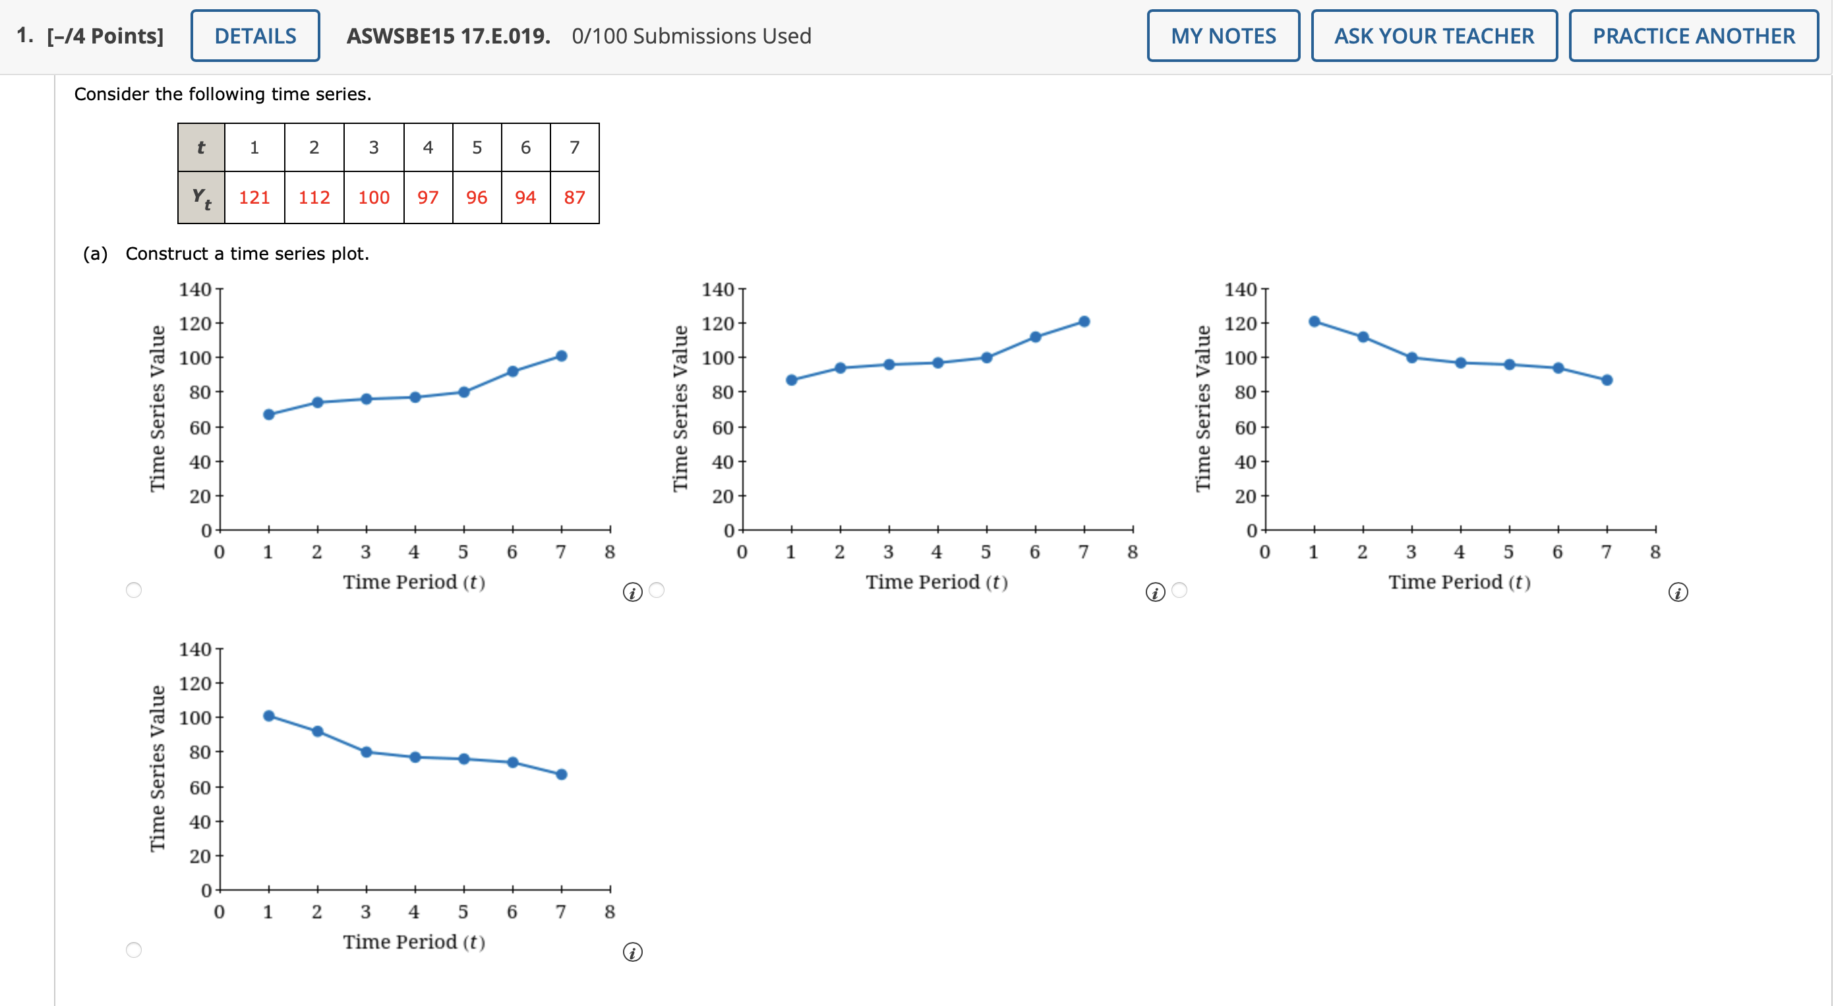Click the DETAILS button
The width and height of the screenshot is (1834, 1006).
255,36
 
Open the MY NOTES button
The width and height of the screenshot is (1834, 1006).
1222,36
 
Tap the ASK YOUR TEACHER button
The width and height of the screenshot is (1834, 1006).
1433,36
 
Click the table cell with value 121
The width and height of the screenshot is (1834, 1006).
254,197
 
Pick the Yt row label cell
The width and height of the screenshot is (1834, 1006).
202,197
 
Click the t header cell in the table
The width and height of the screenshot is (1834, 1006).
202,148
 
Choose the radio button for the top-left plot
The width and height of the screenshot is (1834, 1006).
134,589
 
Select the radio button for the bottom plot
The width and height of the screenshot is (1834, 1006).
134,949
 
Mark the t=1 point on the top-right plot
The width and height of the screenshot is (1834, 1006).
1314,321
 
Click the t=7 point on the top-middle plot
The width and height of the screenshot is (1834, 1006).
1084,321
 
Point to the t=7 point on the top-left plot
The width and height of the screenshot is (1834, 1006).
561,356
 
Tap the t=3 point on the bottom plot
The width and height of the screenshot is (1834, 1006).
366,752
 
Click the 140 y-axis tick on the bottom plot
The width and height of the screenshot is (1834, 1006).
195,649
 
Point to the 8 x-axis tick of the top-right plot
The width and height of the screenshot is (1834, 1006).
1655,552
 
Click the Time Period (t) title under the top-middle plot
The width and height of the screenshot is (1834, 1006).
936,581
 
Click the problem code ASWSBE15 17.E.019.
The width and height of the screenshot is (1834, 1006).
448,36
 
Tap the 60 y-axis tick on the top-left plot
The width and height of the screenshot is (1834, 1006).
199,427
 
